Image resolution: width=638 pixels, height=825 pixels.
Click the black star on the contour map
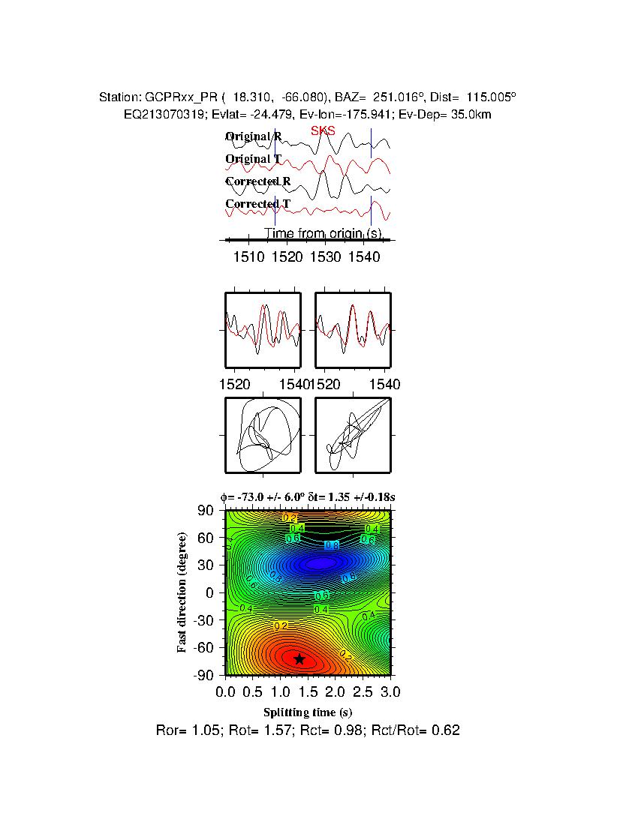coord(299,659)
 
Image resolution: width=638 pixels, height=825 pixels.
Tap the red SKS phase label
coord(323,131)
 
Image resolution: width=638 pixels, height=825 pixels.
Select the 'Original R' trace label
coord(254,136)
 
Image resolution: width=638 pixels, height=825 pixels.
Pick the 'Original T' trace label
coord(254,159)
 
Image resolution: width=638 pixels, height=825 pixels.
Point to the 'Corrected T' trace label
coord(257,204)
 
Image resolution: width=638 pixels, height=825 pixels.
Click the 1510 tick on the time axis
coord(248,257)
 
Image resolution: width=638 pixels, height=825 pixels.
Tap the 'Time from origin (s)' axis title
coord(324,234)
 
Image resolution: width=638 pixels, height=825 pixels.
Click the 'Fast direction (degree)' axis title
coord(182,592)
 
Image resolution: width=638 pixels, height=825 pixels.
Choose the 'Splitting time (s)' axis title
coord(308,712)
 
